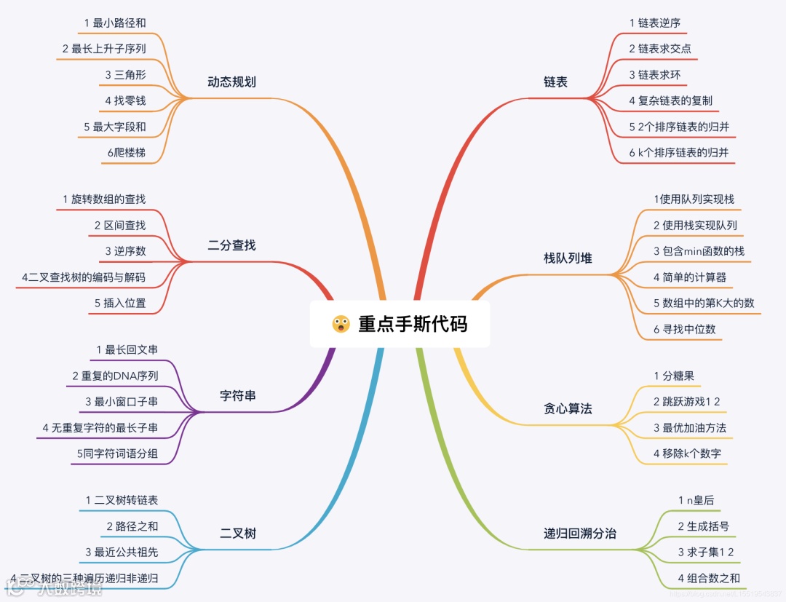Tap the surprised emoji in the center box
point(341,324)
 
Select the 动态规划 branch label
point(231,82)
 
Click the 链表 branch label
point(555,82)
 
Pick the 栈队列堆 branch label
point(568,258)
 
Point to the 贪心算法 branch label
point(568,408)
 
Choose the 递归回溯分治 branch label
point(580,534)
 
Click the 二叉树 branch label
point(238,534)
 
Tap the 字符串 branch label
point(238,396)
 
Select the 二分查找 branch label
point(231,245)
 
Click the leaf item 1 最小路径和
point(115,23)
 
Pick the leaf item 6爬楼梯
point(126,152)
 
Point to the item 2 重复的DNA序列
point(115,376)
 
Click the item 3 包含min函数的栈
point(699,251)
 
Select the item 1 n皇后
point(696,500)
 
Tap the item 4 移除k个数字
point(687,454)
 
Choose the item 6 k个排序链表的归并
point(679,153)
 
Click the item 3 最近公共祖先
point(122,552)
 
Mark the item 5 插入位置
point(120,303)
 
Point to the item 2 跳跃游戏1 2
point(687,402)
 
